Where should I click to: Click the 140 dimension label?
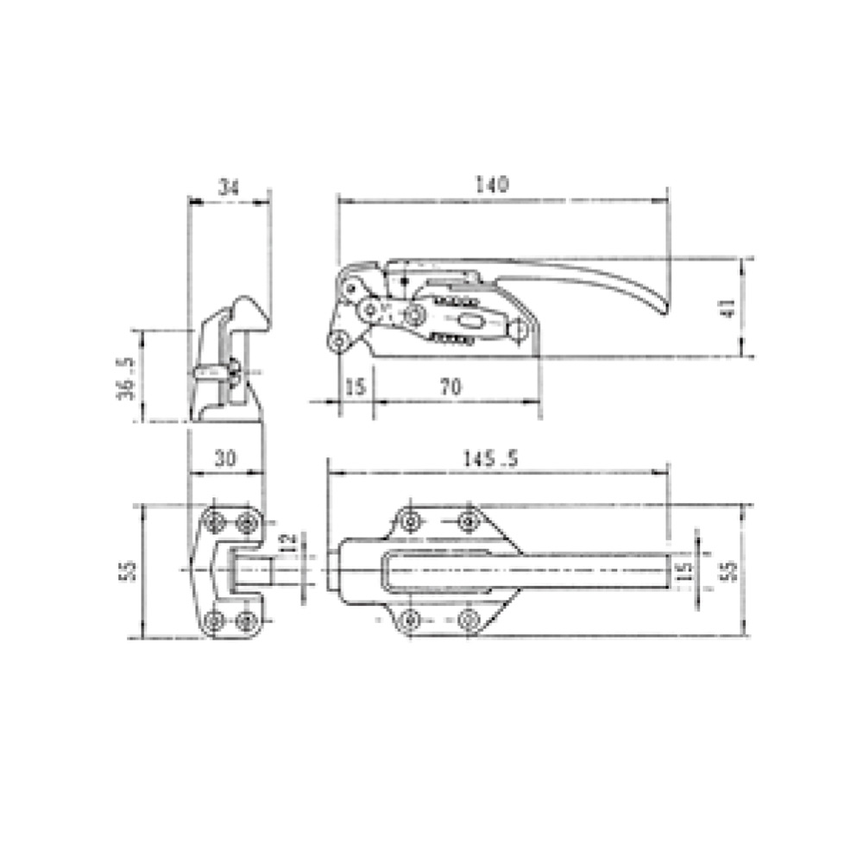[493, 185]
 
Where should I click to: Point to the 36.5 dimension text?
[127, 377]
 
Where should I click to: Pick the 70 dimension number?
[450, 387]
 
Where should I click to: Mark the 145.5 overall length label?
[488, 459]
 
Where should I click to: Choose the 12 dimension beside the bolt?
[289, 542]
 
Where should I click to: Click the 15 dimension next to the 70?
[355, 387]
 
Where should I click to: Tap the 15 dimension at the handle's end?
[683, 570]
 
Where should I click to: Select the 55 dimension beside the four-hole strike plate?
[128, 570]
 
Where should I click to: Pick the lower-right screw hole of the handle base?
[468, 618]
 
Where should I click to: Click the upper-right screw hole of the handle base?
[468, 520]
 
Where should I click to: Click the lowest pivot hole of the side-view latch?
[339, 342]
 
